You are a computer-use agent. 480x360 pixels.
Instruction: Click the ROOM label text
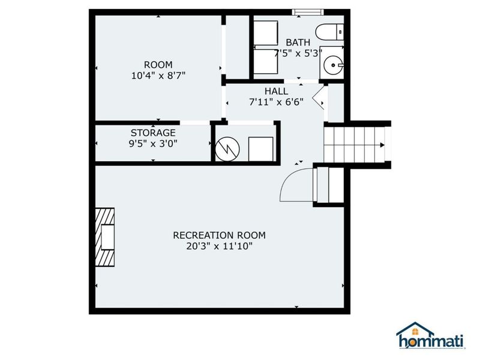point(158,65)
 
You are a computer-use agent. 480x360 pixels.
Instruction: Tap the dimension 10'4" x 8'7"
point(158,76)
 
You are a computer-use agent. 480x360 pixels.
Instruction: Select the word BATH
point(298,42)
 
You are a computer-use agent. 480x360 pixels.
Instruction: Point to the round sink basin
point(333,65)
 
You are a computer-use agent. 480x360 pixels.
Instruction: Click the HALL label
point(277,91)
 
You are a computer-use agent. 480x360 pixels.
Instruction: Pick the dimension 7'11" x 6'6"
point(277,101)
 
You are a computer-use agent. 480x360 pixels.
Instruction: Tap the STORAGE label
point(153,133)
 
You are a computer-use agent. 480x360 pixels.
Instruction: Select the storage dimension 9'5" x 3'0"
point(153,143)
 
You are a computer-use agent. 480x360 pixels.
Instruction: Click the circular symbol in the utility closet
point(227,149)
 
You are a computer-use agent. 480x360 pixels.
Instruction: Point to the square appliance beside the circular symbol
point(261,149)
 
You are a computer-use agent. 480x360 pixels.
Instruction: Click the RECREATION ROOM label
point(219,235)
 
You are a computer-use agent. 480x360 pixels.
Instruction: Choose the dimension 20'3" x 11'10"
point(219,246)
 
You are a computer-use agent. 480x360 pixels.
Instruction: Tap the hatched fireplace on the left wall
point(104,237)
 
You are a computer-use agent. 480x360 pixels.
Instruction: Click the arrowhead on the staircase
point(382,145)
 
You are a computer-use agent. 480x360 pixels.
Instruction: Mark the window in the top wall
point(308,12)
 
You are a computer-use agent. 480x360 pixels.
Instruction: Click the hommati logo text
point(430,341)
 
